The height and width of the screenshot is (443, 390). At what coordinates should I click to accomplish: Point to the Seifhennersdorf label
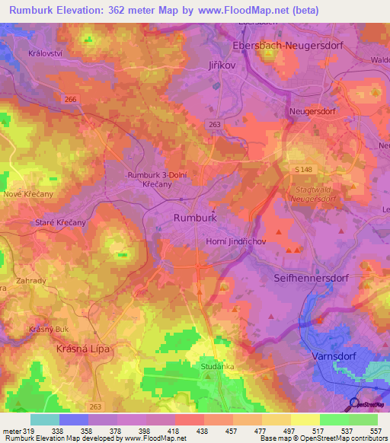click(x=311, y=279)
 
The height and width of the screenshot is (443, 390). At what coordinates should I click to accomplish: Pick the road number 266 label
click(x=71, y=100)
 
